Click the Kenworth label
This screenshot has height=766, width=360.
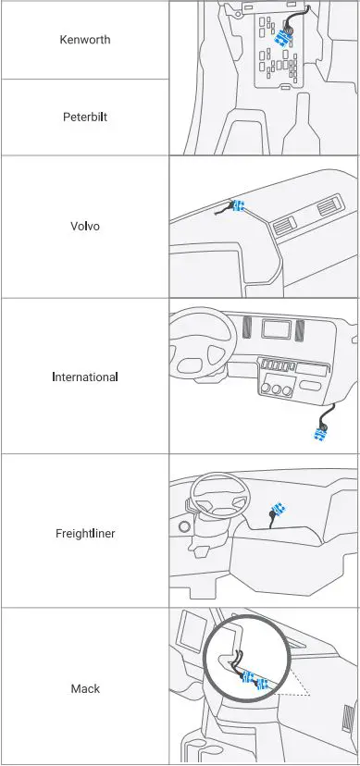84,39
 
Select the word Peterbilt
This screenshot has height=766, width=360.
84,117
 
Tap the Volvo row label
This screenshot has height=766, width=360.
84,225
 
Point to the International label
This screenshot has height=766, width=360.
84,377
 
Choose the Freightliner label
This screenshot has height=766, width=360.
84,533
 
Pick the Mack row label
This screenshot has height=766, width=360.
84,688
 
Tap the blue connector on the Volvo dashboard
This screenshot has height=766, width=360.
238,205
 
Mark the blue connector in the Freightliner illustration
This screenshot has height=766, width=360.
277,510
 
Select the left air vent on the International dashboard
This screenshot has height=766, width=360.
246,328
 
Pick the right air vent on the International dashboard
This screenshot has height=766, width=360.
302,328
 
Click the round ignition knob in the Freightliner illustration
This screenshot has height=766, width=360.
185,526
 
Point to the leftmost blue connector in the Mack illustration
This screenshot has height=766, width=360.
247,677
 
